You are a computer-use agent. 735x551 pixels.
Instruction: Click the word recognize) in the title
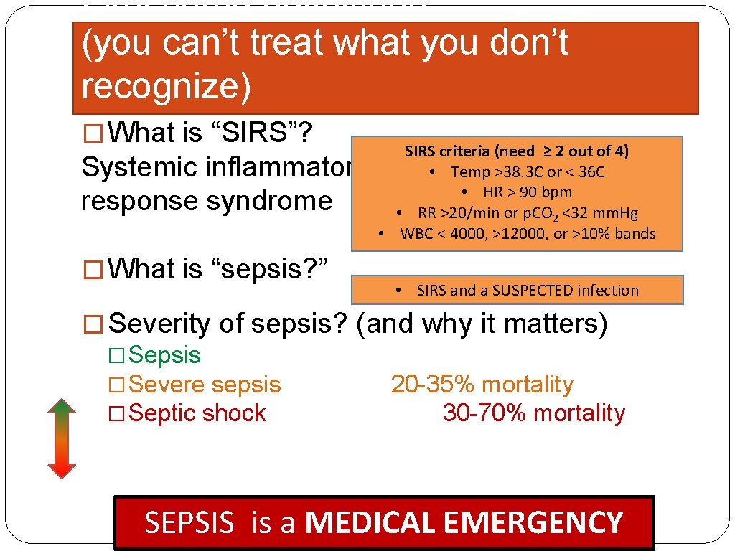tap(167, 86)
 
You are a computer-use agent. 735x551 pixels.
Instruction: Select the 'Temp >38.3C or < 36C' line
tap(517, 172)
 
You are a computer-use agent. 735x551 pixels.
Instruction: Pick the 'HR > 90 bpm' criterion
tap(517, 192)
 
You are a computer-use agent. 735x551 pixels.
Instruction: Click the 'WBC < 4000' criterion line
tap(517, 234)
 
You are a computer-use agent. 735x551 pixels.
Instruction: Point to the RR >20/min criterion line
tap(517, 213)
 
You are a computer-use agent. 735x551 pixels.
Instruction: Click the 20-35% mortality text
tap(482, 385)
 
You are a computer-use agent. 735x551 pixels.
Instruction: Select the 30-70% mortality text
tap(533, 413)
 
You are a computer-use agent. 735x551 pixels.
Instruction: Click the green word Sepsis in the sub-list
tap(166, 355)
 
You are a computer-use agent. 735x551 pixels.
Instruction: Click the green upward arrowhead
tap(62, 407)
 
